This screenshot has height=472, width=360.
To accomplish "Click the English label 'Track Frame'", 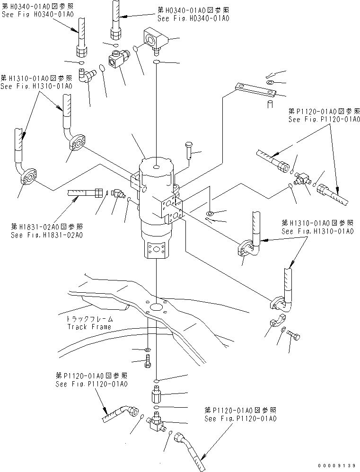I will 89,327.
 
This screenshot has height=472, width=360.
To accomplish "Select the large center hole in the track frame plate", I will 156,308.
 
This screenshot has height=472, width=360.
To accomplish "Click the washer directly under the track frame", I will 148,350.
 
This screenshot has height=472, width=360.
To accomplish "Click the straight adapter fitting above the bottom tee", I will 156,394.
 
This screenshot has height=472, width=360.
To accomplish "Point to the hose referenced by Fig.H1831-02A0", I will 85,192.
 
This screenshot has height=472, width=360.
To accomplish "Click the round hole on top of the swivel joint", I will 156,166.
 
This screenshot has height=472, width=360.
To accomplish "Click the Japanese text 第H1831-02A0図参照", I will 47,227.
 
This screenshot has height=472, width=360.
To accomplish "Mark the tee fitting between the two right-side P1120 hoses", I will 299,178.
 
